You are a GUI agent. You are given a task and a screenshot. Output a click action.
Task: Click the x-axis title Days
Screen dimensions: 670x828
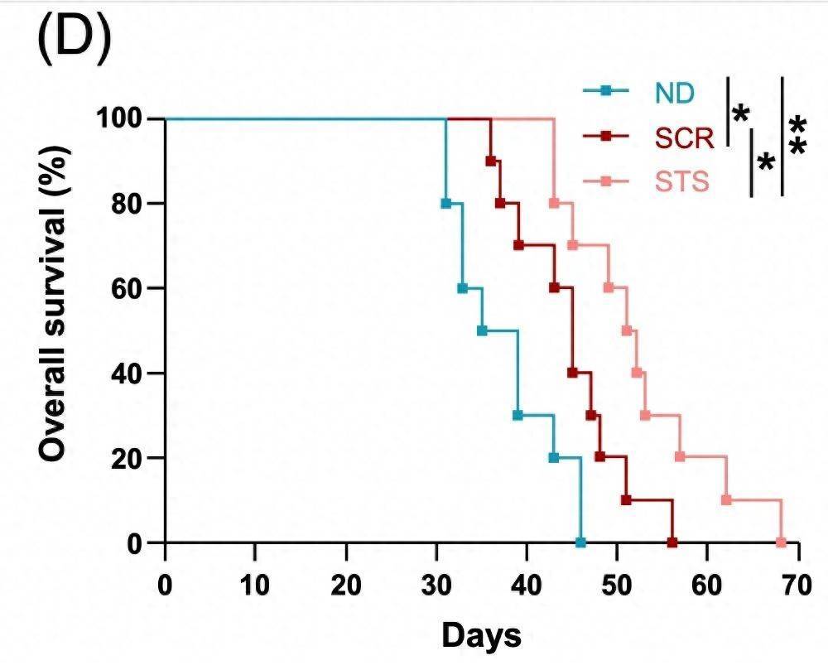pyautogui.click(x=481, y=635)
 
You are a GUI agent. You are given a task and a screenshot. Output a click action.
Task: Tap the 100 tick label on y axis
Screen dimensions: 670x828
pyautogui.click(x=123, y=118)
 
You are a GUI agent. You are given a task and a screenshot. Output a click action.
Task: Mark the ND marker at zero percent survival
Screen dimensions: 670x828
pyautogui.click(x=580, y=542)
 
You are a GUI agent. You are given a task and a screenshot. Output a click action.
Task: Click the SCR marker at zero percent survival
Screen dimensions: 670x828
pyautogui.click(x=672, y=542)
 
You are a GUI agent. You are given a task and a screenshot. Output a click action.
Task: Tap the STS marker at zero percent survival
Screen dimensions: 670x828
pyautogui.click(x=780, y=542)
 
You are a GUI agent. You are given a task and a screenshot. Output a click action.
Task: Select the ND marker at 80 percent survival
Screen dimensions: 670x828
pyautogui.click(x=445, y=203)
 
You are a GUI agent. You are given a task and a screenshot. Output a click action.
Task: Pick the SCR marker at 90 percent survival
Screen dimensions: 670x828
pyautogui.click(x=490, y=161)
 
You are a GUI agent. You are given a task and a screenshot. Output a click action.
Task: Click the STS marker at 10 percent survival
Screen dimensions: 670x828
pyautogui.click(x=726, y=500)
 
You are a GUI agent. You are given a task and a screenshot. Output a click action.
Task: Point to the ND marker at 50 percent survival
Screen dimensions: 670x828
pyautogui.click(x=482, y=330)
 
